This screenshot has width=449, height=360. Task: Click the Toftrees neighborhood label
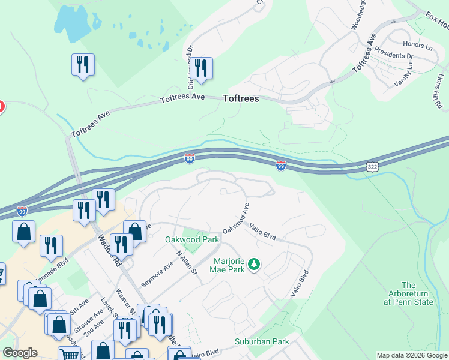(x=241, y=99)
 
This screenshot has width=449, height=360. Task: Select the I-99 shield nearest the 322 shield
(x=280, y=165)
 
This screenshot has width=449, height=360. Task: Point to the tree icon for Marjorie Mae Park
(x=254, y=264)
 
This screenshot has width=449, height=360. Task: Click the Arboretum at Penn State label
(x=408, y=293)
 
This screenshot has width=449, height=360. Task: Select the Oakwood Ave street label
(x=235, y=219)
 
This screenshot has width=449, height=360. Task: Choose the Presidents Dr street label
(x=394, y=56)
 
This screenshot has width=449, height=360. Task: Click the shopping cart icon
(x=70, y=354)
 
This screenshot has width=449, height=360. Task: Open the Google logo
(x=20, y=353)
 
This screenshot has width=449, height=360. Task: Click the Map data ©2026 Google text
(x=412, y=355)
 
